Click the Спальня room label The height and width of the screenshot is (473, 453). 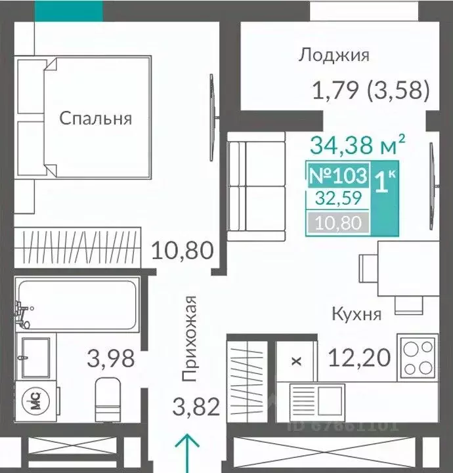96,119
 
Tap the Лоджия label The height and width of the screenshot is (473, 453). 334,55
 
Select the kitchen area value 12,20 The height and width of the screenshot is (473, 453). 359,358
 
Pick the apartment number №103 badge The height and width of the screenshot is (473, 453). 337,176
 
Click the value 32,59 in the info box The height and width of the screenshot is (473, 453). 337,199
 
